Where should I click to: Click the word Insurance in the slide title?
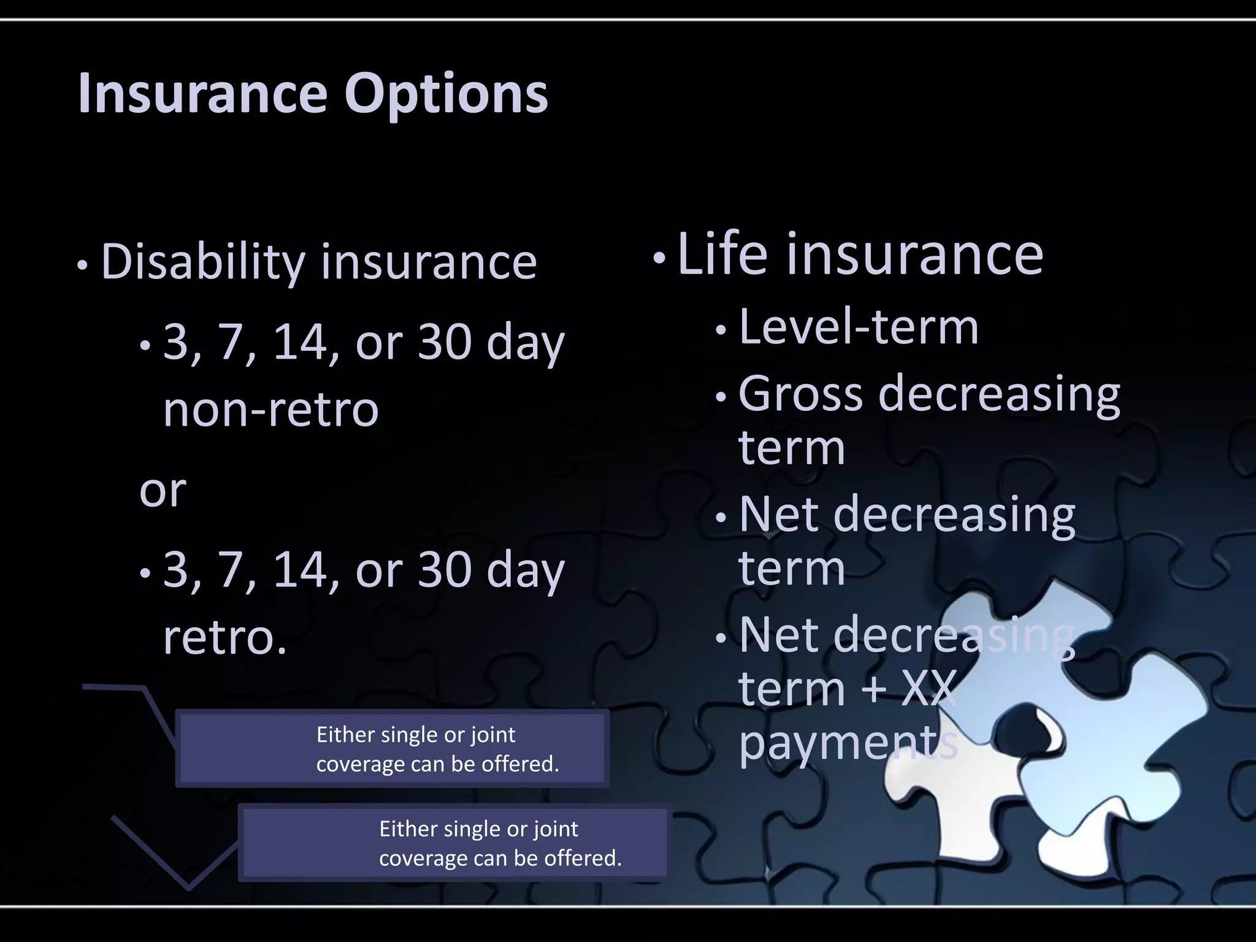point(202,94)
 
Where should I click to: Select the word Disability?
point(202,262)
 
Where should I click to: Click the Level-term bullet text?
point(859,327)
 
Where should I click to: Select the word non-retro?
point(270,410)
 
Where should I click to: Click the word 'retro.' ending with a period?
point(225,638)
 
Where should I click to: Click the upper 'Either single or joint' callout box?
point(392,749)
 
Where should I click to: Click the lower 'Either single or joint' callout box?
point(454,843)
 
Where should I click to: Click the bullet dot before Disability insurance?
point(83,266)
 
